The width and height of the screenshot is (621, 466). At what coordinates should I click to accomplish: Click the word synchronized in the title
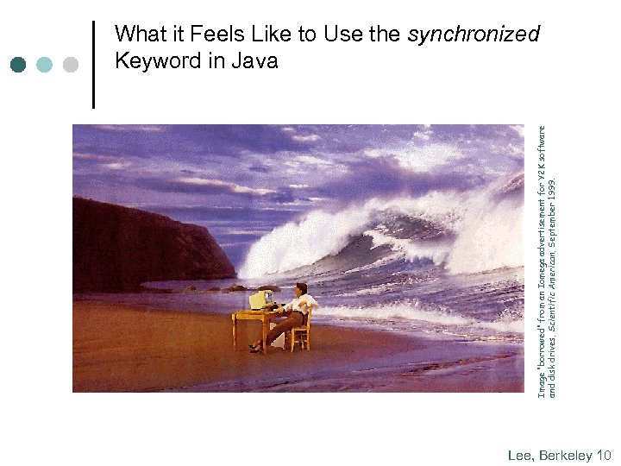(x=473, y=35)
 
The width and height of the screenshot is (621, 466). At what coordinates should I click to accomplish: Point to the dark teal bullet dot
(x=18, y=65)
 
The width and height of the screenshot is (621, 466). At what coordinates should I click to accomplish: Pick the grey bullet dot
(x=71, y=65)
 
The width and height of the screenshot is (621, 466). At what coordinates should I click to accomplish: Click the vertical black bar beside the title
(x=93, y=64)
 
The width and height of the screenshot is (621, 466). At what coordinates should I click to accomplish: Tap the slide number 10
(x=604, y=455)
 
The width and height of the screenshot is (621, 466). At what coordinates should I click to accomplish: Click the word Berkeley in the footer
(x=566, y=455)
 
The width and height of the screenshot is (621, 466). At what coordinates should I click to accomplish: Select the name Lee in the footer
(x=520, y=455)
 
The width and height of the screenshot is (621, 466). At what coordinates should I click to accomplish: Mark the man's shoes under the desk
(x=255, y=348)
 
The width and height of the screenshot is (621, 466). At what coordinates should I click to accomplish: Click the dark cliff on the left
(x=138, y=246)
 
